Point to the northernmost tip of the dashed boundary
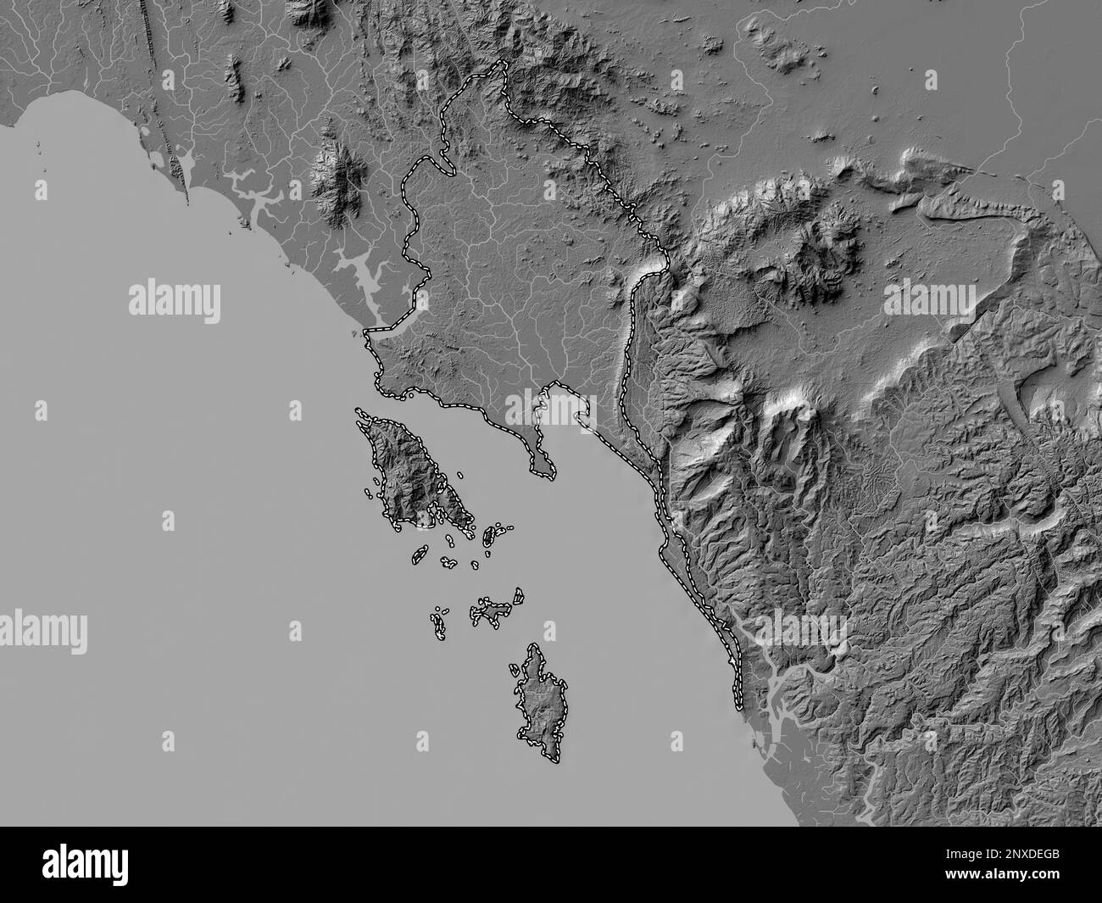pyautogui.click(x=502, y=63)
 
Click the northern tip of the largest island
pyautogui.click(x=359, y=412)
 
